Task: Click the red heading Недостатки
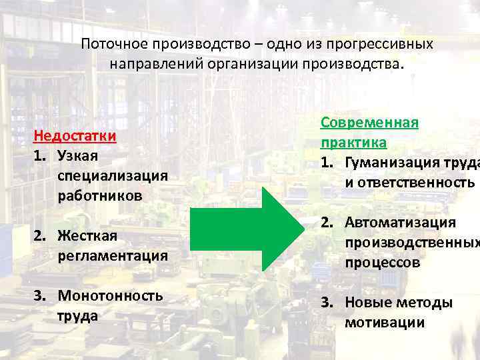pos(75,136)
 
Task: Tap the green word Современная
pos(369,123)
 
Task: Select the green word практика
pos(353,143)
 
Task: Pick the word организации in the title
pos(253,65)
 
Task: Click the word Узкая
pos(77,156)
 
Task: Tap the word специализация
pos(112,176)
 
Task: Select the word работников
pos(99,196)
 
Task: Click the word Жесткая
pos(87,236)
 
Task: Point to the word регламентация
pos(112,256)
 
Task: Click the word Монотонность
pos(110,295)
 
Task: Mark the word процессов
pos(382,263)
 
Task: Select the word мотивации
pos(384,323)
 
